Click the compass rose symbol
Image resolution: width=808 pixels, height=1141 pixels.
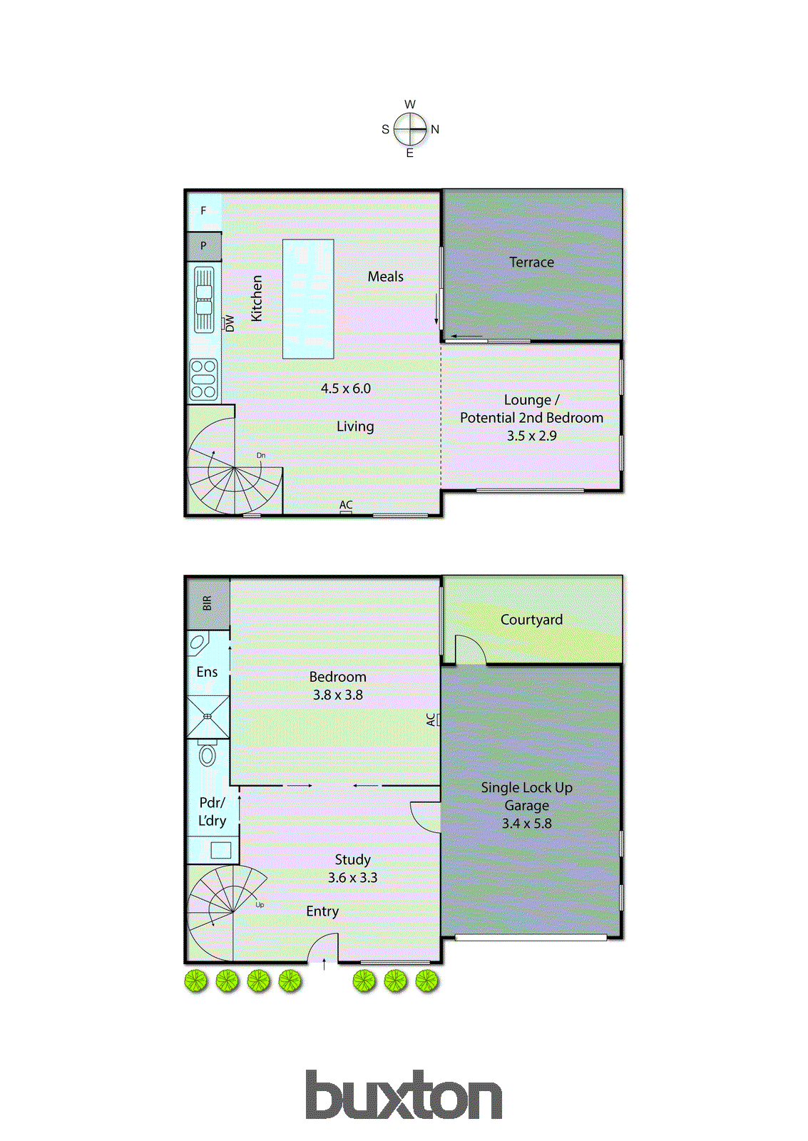point(410,129)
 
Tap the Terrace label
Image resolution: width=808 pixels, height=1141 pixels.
point(531,262)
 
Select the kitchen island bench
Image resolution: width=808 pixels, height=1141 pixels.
point(308,299)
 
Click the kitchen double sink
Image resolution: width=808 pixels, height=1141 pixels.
point(204,300)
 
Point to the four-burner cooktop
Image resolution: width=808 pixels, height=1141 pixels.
point(203,379)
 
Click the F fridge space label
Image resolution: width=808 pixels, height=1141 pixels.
point(203,211)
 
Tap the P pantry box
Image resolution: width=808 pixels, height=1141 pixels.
point(203,246)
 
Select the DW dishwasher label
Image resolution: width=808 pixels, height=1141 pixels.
point(230,323)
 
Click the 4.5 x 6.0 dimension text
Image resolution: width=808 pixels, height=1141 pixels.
point(346,389)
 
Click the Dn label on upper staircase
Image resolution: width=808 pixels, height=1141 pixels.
point(261,455)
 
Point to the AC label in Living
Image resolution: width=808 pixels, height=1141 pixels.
point(346,505)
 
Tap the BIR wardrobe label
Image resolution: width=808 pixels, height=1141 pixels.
point(208,603)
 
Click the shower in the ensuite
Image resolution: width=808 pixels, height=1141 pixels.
point(208,717)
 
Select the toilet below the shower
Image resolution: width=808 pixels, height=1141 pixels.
point(208,754)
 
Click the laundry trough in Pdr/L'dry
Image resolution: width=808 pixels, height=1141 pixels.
point(220,850)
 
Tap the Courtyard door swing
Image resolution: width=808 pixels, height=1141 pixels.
point(469,650)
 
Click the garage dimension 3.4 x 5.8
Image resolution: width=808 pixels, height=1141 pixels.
point(526,824)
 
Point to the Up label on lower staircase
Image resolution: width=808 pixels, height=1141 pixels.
point(260,905)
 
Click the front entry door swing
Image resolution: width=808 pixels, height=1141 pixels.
point(322,949)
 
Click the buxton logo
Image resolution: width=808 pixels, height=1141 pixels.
point(404,1095)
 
